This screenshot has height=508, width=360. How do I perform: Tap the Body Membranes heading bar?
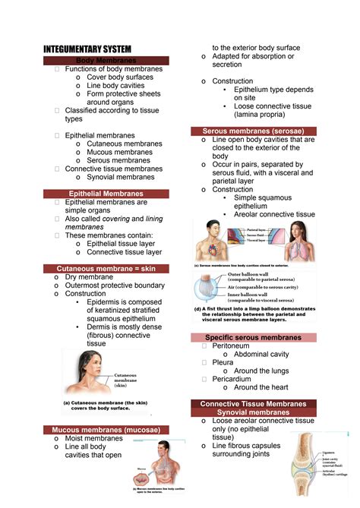point(106,60)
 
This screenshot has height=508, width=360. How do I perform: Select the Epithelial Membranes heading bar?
point(106,194)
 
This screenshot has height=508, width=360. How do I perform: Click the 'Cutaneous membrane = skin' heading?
point(106,268)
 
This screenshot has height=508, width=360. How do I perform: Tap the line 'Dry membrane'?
point(89,277)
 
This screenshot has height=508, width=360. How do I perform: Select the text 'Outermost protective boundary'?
point(115,286)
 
